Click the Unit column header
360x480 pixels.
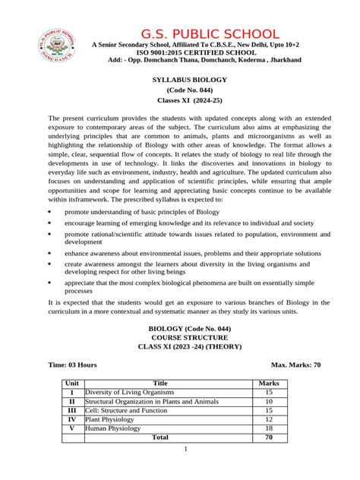[x=72, y=384]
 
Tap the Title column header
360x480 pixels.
[x=160, y=384]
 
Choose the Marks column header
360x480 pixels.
[x=269, y=384]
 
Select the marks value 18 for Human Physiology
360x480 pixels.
[x=269, y=428]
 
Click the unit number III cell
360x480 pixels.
[x=72, y=410]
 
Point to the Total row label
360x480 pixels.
[x=160, y=437]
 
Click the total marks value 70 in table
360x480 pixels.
[x=269, y=437]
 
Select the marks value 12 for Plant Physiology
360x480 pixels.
[x=269, y=419]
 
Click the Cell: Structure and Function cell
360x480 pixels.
[x=125, y=410]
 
